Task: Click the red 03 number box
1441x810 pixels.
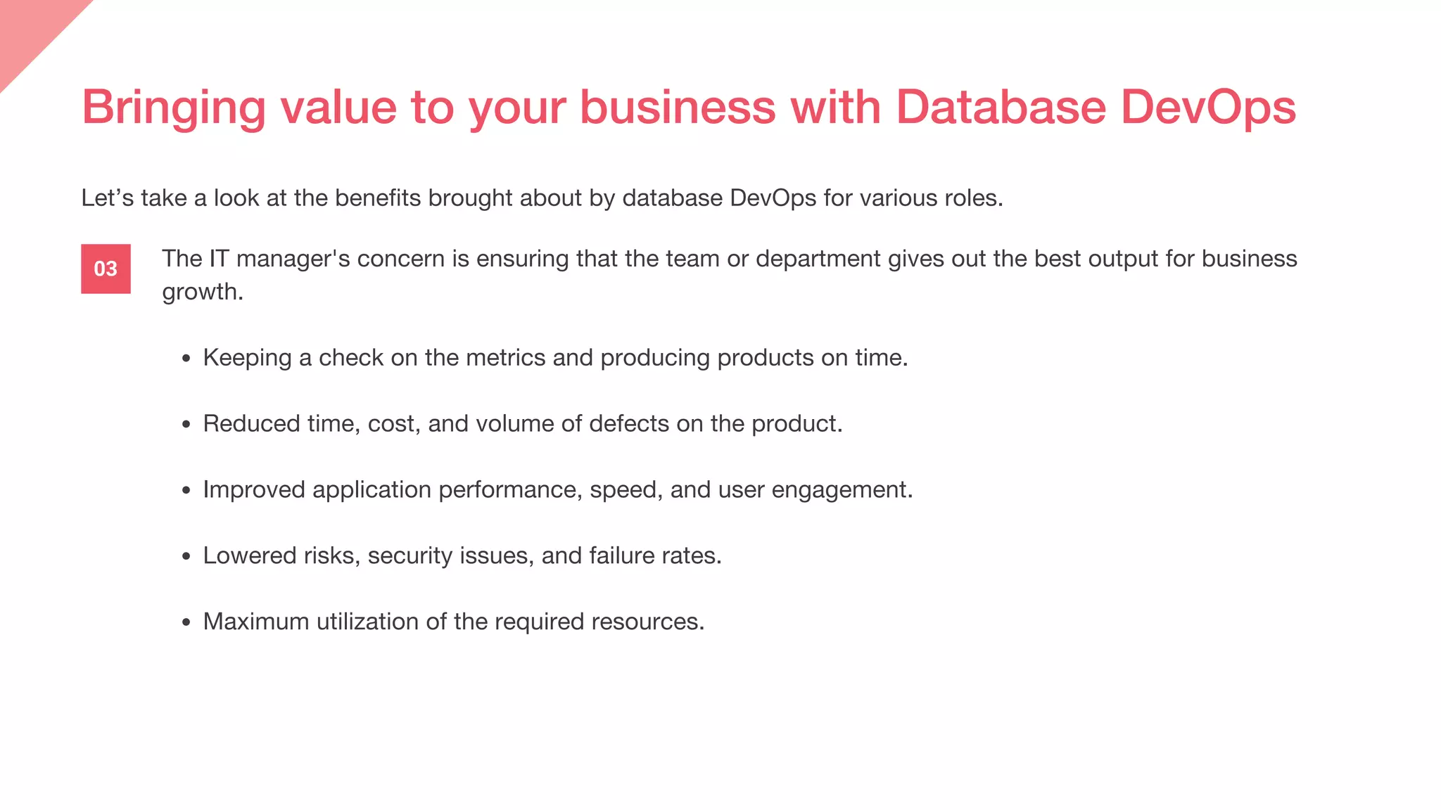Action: click(106, 269)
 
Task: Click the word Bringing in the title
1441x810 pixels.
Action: click(173, 108)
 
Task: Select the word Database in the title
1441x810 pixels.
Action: click(1000, 108)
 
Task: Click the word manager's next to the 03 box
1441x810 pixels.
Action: click(293, 259)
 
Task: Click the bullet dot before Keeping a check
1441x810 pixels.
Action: click(186, 359)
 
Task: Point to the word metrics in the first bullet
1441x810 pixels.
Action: click(505, 358)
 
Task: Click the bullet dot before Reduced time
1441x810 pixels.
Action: click(186, 425)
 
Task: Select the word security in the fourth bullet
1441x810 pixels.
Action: click(410, 556)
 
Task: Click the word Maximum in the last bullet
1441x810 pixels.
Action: click(256, 622)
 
